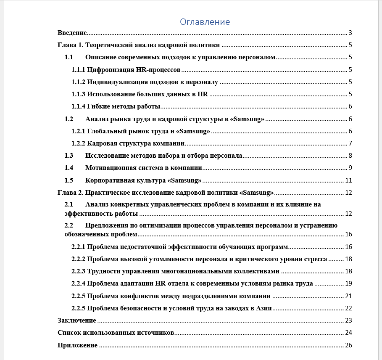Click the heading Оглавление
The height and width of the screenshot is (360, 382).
click(x=205, y=22)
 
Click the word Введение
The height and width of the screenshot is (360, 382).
click(x=72, y=33)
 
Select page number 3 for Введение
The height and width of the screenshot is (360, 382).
click(x=350, y=33)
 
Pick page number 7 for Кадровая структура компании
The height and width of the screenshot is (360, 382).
click(x=350, y=143)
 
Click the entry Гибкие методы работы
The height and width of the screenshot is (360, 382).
click(x=124, y=107)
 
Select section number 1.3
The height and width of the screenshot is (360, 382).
click(x=69, y=156)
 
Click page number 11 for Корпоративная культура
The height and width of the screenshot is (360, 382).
click(x=348, y=180)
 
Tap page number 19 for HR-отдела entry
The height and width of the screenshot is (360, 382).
click(x=348, y=283)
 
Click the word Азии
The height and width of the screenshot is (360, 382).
click(x=264, y=308)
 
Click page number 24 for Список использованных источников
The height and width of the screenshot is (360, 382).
click(x=348, y=333)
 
